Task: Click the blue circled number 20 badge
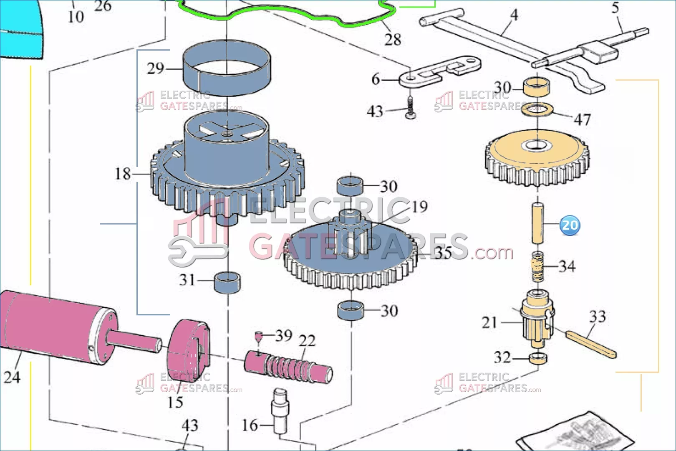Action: coord(570,225)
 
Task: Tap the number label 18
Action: coord(123,174)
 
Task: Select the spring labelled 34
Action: coord(537,267)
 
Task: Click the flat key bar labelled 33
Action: coord(590,344)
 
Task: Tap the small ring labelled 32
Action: coord(538,358)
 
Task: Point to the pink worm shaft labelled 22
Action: coord(288,367)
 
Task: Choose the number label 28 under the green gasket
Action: coord(393,40)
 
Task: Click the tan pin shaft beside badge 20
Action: coord(537,223)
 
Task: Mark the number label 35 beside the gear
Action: coord(443,253)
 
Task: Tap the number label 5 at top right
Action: coord(615,8)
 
